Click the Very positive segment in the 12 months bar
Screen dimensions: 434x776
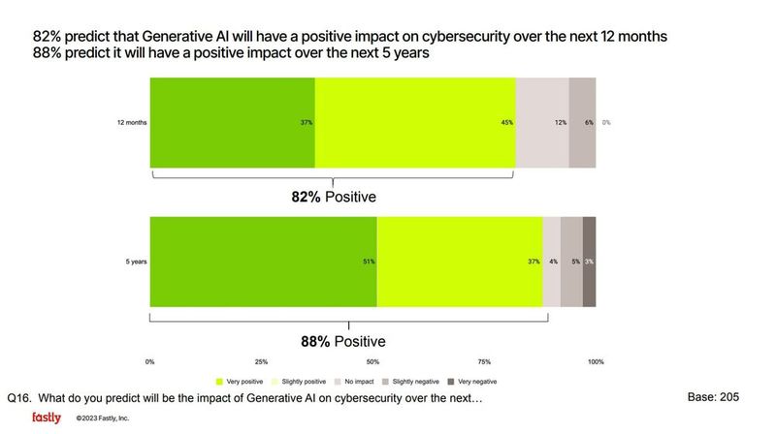pos(232,123)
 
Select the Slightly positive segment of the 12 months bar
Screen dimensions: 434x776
pos(415,123)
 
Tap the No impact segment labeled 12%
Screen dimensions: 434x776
pos(541,123)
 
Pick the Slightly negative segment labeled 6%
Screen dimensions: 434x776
pos(581,123)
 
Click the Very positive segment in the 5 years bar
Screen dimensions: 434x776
pos(263,263)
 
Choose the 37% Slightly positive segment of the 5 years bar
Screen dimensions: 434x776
pos(459,263)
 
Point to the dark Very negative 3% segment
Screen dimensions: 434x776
pos(589,263)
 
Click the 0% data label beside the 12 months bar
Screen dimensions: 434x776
pos(606,123)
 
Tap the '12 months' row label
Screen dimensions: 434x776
pos(130,123)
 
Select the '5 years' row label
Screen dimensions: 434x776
pos(134,263)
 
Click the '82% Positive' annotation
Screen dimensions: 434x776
pos(334,197)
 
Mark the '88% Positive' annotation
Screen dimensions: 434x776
pos(342,341)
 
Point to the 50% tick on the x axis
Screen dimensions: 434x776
pos(372,362)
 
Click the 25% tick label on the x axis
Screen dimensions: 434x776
pos(261,362)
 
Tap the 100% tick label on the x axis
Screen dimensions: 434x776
pos(595,362)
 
